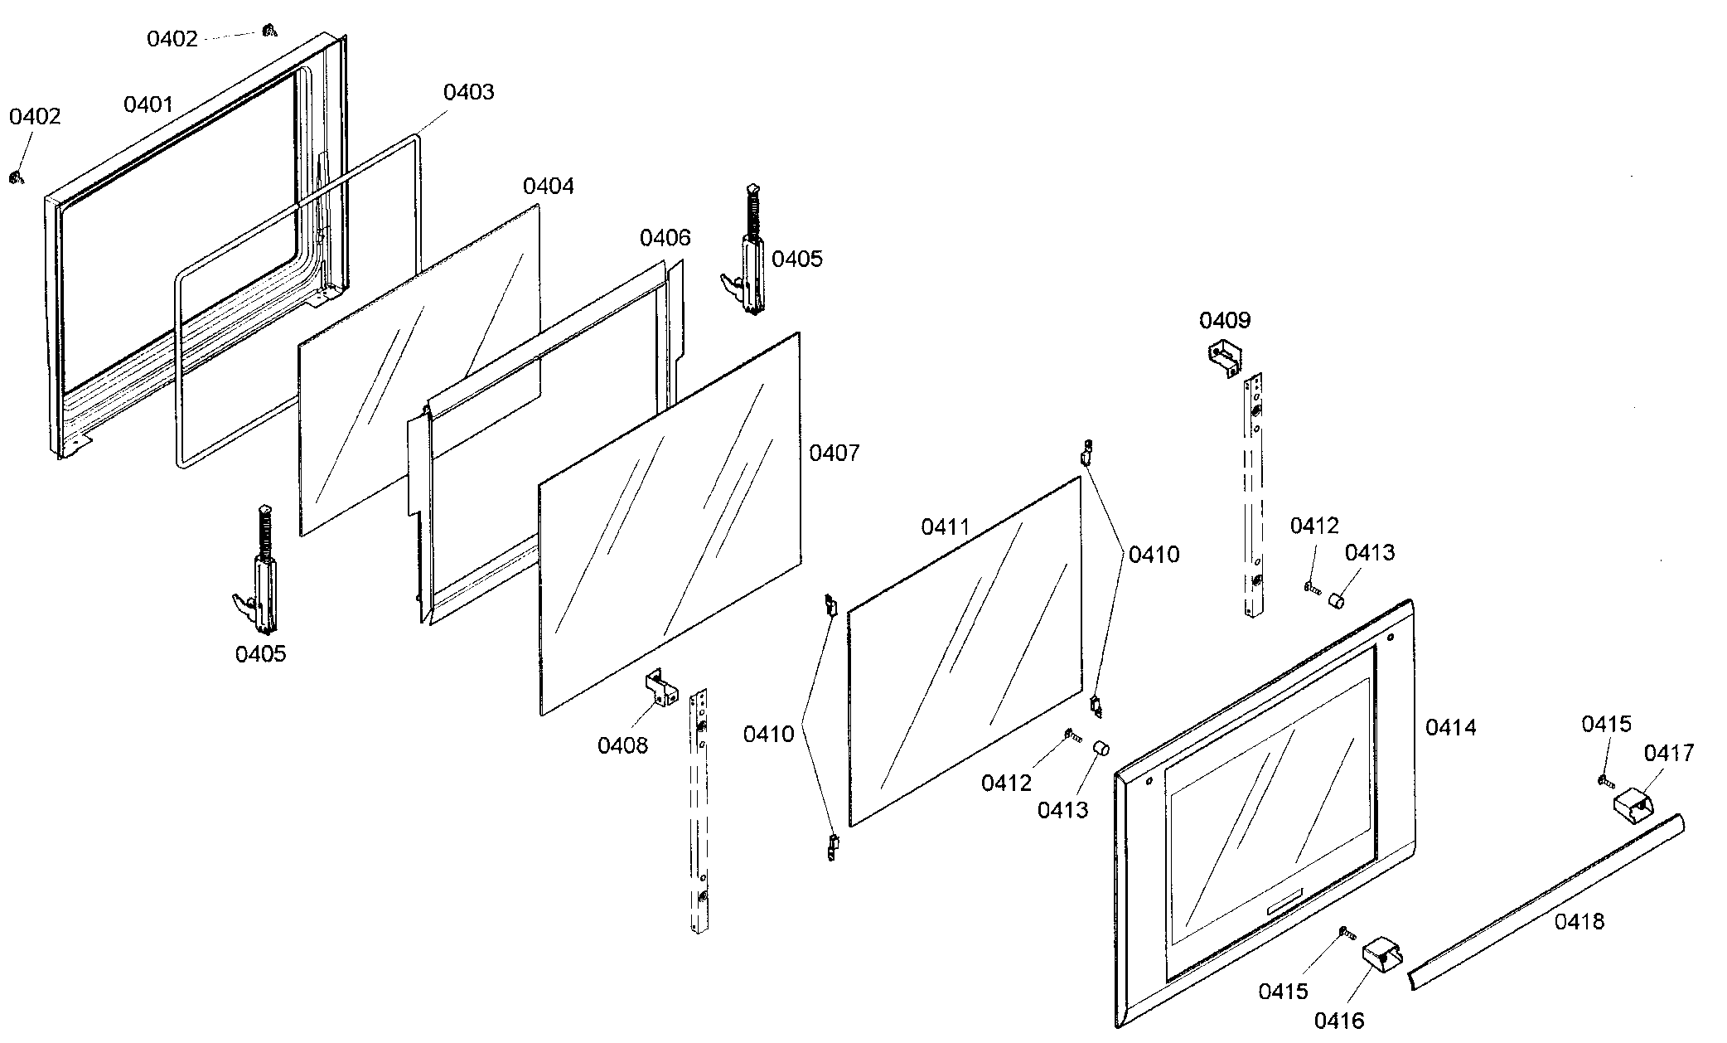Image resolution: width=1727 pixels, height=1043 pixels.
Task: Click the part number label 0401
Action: (148, 104)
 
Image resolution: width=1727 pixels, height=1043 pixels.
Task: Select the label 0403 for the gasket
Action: (468, 92)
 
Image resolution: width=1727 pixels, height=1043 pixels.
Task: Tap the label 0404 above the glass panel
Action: (548, 186)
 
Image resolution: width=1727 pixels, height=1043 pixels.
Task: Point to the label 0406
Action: (665, 238)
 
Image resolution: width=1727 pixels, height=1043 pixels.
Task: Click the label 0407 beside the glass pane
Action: (834, 453)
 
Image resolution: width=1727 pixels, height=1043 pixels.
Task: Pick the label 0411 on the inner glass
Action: (945, 527)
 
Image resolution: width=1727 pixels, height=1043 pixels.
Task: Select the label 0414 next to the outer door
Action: (1450, 727)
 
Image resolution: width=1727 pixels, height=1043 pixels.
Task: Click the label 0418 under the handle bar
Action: (1579, 921)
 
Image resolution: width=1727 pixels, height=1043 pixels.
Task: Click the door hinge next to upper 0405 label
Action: (747, 257)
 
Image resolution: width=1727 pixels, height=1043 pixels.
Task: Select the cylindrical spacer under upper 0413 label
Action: (1336, 599)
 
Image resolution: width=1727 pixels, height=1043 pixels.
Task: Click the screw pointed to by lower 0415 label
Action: (1347, 934)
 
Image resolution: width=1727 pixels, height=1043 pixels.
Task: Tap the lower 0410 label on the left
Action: (768, 734)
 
